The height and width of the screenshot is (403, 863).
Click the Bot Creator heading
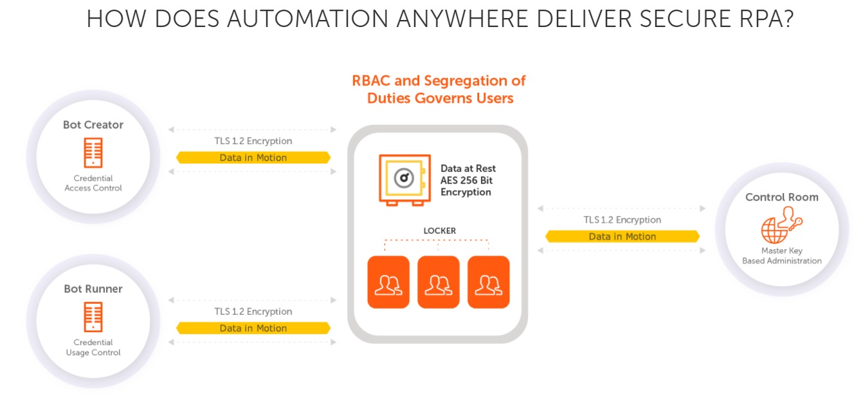click(93, 125)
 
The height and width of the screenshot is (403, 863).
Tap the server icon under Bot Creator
click(93, 153)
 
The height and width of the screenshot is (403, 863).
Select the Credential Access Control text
click(93, 183)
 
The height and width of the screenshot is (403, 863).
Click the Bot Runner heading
click(93, 289)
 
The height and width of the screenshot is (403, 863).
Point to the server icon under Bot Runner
click(93, 317)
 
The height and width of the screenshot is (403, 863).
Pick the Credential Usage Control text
click(93, 348)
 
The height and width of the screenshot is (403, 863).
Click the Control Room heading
click(782, 197)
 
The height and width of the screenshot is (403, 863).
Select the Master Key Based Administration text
click(782, 256)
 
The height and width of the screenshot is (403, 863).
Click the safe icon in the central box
click(404, 180)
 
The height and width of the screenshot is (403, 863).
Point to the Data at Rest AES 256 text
click(468, 180)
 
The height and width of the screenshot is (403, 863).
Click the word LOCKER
click(440, 230)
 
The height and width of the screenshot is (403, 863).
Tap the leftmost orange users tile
click(388, 282)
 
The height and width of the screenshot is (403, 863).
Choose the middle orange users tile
click(439, 282)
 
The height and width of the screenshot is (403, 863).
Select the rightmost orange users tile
click(489, 282)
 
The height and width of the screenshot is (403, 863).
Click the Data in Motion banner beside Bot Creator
click(253, 157)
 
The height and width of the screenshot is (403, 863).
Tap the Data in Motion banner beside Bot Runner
click(253, 328)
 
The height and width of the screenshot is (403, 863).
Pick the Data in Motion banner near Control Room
click(622, 236)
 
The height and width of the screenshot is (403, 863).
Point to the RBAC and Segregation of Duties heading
click(439, 89)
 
